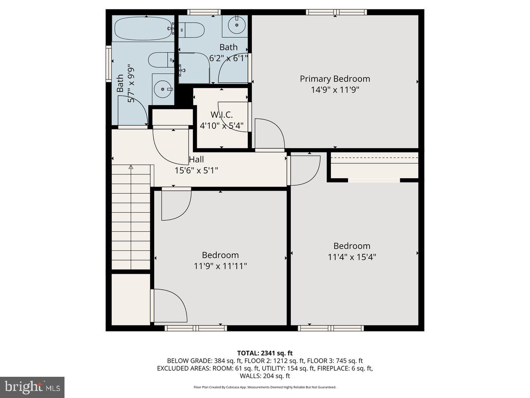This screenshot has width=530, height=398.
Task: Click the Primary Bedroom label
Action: tap(335, 79)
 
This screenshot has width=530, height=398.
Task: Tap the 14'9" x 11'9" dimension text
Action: tap(335, 90)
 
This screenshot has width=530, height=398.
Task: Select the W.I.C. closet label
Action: tap(221, 115)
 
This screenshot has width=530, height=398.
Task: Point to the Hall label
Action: tap(197, 160)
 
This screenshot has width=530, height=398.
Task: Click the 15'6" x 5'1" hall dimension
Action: tap(197, 170)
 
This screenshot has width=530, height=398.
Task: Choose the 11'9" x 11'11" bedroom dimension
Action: tap(220, 266)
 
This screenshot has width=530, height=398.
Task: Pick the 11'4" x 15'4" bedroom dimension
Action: tap(352, 256)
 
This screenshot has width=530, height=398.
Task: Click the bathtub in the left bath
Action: tap(142, 29)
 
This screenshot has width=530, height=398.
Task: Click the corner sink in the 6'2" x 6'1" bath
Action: tap(237, 25)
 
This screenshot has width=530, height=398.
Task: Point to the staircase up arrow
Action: tap(131, 167)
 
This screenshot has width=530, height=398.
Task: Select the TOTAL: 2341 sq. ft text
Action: tap(265, 353)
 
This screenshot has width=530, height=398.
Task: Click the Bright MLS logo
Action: tap(32, 387)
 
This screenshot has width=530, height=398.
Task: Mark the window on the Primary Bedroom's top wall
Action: tap(337, 12)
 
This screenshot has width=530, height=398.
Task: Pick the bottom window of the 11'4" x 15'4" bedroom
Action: tap(331, 328)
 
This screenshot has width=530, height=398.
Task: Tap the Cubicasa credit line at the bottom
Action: tap(265, 387)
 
